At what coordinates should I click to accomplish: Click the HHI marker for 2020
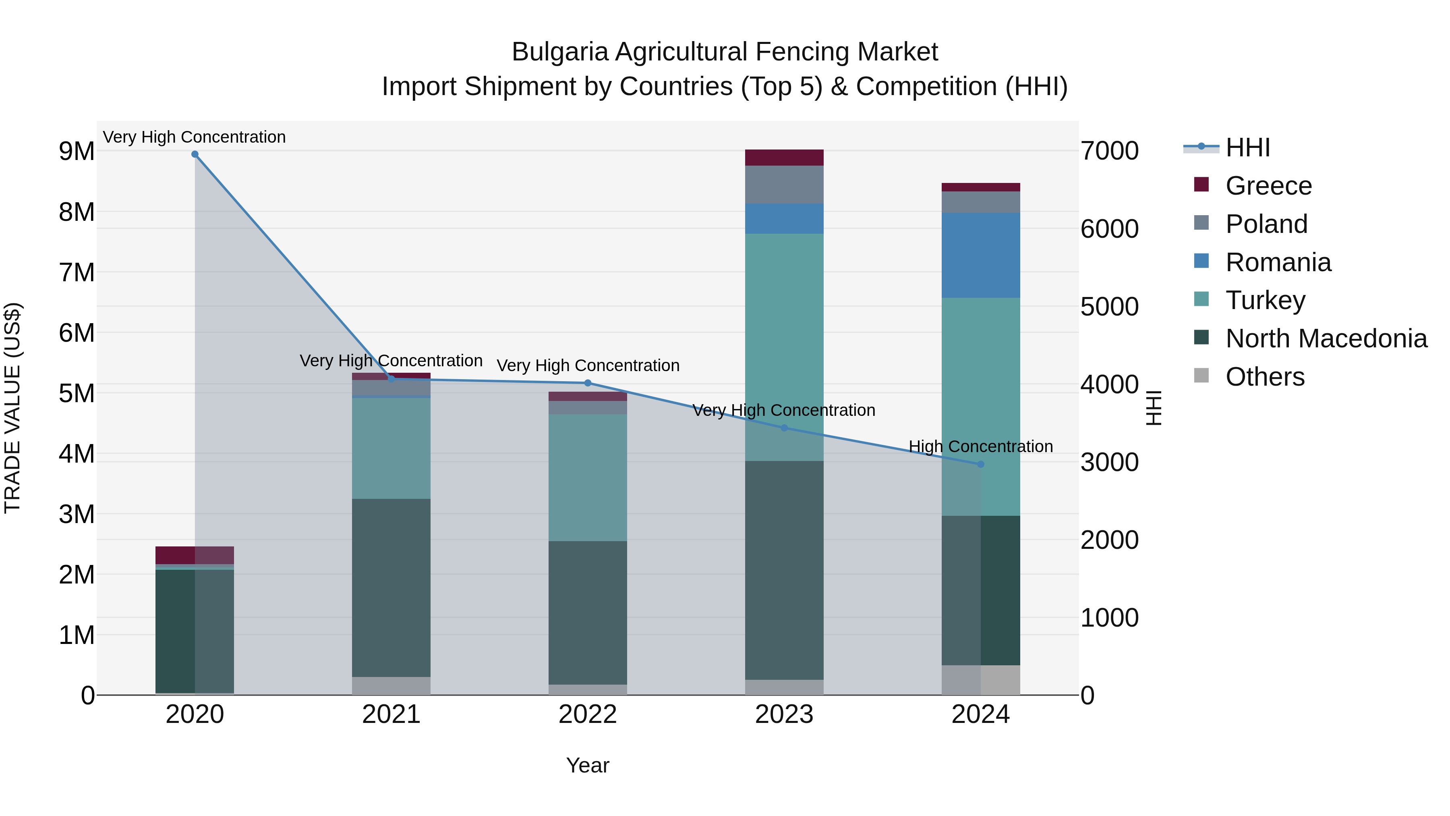click(195, 154)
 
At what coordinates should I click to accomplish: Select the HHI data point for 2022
click(588, 383)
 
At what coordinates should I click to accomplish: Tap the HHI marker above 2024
click(980, 464)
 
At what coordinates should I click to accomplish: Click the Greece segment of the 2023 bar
click(784, 158)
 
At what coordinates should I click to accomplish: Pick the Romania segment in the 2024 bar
click(980, 255)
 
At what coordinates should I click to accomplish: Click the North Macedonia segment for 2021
click(391, 588)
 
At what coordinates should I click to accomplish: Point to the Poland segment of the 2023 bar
click(784, 184)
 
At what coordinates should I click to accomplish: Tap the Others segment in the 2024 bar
click(980, 680)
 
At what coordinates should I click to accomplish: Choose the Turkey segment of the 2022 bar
click(588, 478)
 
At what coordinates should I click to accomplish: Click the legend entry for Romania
click(1278, 262)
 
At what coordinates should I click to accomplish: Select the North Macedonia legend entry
click(1326, 338)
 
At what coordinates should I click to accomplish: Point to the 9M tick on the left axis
click(77, 152)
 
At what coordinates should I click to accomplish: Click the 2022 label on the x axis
click(588, 714)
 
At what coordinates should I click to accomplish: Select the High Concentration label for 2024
click(980, 446)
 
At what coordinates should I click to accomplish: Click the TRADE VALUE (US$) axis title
click(13, 408)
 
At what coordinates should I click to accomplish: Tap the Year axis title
click(588, 765)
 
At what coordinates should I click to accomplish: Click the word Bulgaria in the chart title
click(559, 52)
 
